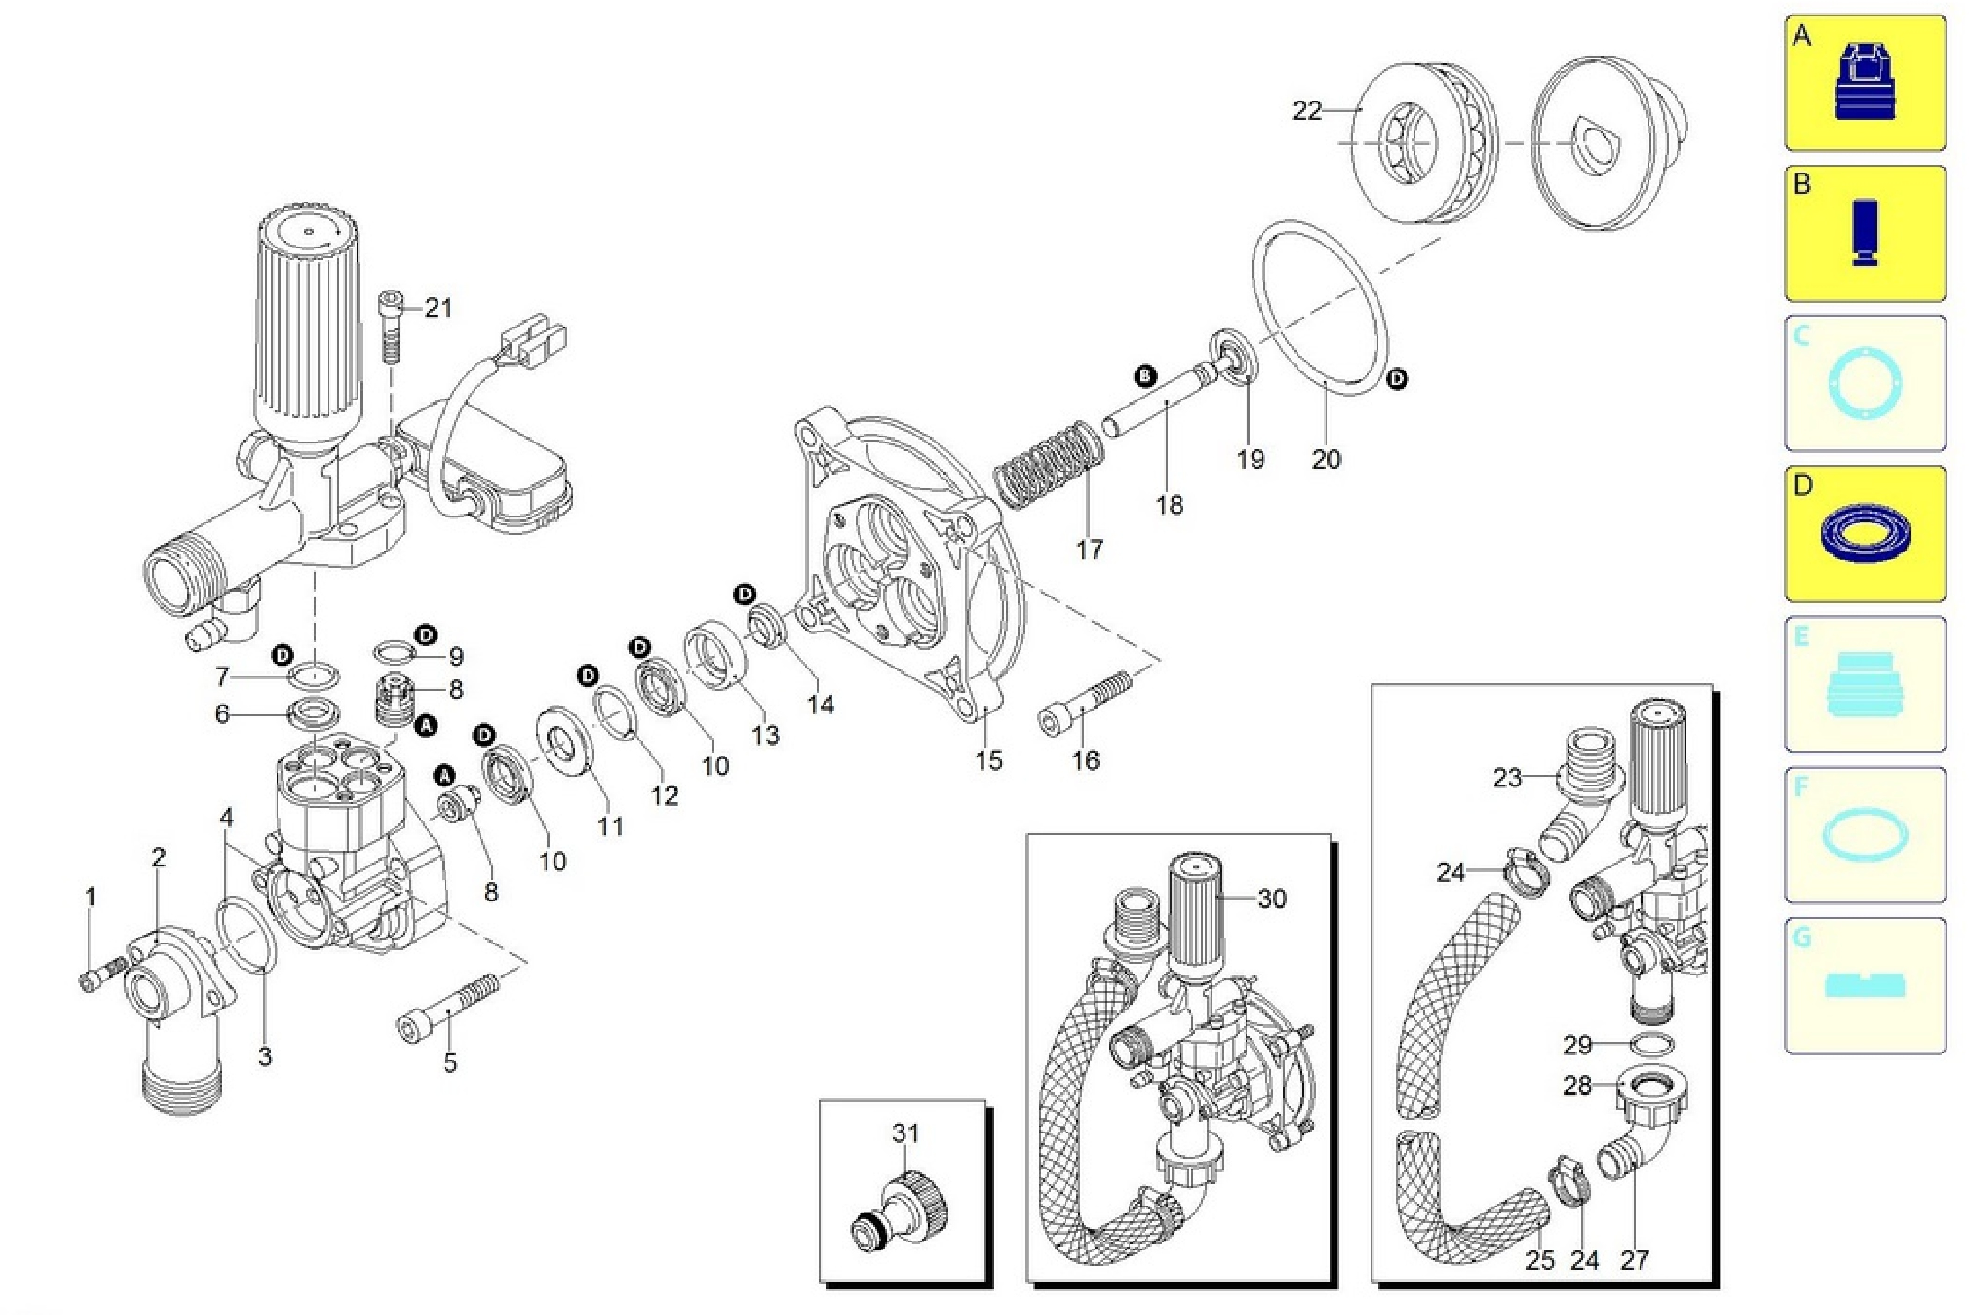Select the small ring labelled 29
click(1653, 1044)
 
